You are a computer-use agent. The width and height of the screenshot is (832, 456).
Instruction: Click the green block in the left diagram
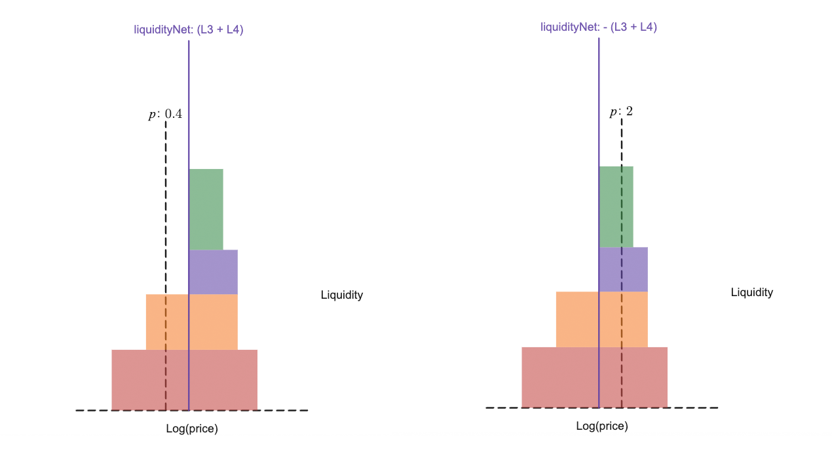206,209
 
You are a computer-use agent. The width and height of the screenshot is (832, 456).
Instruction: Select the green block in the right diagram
616,206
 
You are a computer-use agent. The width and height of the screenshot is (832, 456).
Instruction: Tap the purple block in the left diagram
214,272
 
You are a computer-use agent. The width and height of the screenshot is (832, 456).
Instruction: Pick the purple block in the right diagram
624,269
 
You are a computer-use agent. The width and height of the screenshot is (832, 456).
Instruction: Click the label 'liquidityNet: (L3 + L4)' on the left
189,29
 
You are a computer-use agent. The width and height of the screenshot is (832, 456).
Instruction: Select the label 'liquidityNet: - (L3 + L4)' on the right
598,27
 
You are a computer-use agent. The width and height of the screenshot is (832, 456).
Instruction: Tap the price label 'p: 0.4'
165,114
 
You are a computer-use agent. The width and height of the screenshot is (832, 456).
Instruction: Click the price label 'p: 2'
621,111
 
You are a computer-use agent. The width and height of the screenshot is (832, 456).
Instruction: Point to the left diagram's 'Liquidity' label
341,295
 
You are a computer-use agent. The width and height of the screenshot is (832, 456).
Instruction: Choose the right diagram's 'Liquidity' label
751,292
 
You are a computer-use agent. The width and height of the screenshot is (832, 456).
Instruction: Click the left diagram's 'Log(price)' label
191,429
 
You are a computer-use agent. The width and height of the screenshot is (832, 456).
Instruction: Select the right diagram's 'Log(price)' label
601,426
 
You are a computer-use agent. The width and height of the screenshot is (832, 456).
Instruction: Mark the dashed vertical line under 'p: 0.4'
165,210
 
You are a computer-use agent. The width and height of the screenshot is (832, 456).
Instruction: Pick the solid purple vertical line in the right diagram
599,98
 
